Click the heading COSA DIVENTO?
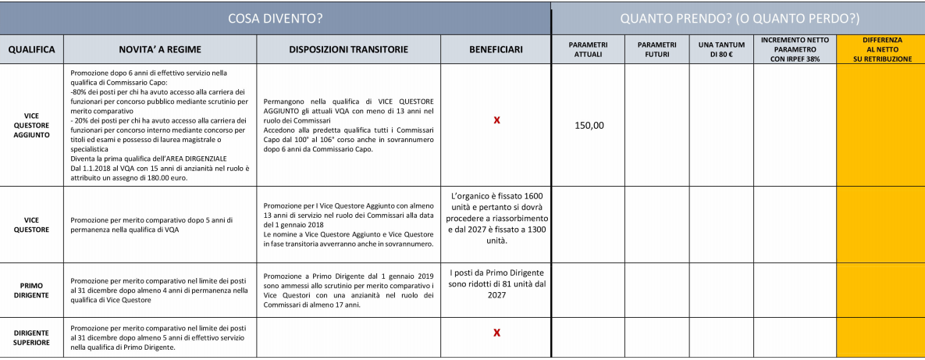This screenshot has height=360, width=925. coord(275,17)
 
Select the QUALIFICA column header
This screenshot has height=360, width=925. coord(31,49)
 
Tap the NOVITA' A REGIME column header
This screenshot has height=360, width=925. coord(159,49)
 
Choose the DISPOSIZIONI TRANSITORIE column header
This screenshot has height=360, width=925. coord(348,49)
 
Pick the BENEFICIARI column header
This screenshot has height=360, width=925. coord(496,49)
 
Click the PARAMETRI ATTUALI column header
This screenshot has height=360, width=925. coord(588,49)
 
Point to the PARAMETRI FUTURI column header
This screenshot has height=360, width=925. coord(656,49)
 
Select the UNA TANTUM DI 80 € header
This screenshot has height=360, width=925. coord(721,49)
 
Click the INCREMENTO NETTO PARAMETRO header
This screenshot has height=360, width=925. coord(795,49)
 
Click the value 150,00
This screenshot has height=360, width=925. coord(589,125)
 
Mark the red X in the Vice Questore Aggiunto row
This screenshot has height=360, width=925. coord(496,120)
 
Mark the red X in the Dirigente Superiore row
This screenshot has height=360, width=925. coord(496,333)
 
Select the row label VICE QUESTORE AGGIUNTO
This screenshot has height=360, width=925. coord(31,125)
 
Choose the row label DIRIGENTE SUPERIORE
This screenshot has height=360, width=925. coord(31,337)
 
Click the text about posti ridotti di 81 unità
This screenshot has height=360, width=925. coord(496,284)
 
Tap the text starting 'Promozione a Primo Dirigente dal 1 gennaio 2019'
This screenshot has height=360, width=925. coord(348,290)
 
